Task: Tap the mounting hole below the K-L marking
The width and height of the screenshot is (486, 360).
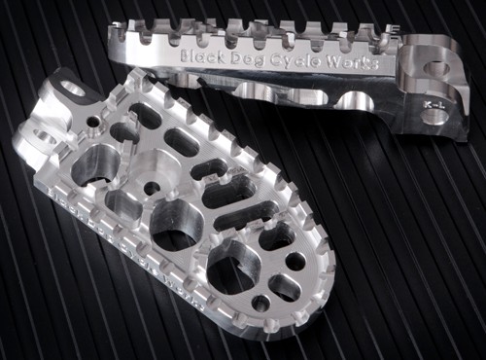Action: click(x=435, y=117)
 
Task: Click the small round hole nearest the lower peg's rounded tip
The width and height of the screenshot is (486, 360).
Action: click(x=260, y=304)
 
